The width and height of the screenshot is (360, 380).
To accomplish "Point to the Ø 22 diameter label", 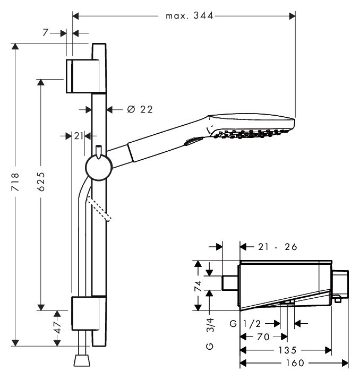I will click(140, 109).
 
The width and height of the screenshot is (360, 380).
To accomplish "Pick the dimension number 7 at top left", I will click(55, 33).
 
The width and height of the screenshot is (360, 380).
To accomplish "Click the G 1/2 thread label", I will click(247, 323).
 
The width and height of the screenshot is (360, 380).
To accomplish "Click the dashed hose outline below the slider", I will click(101, 209).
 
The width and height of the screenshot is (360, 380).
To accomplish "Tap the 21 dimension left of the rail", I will click(78, 136).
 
